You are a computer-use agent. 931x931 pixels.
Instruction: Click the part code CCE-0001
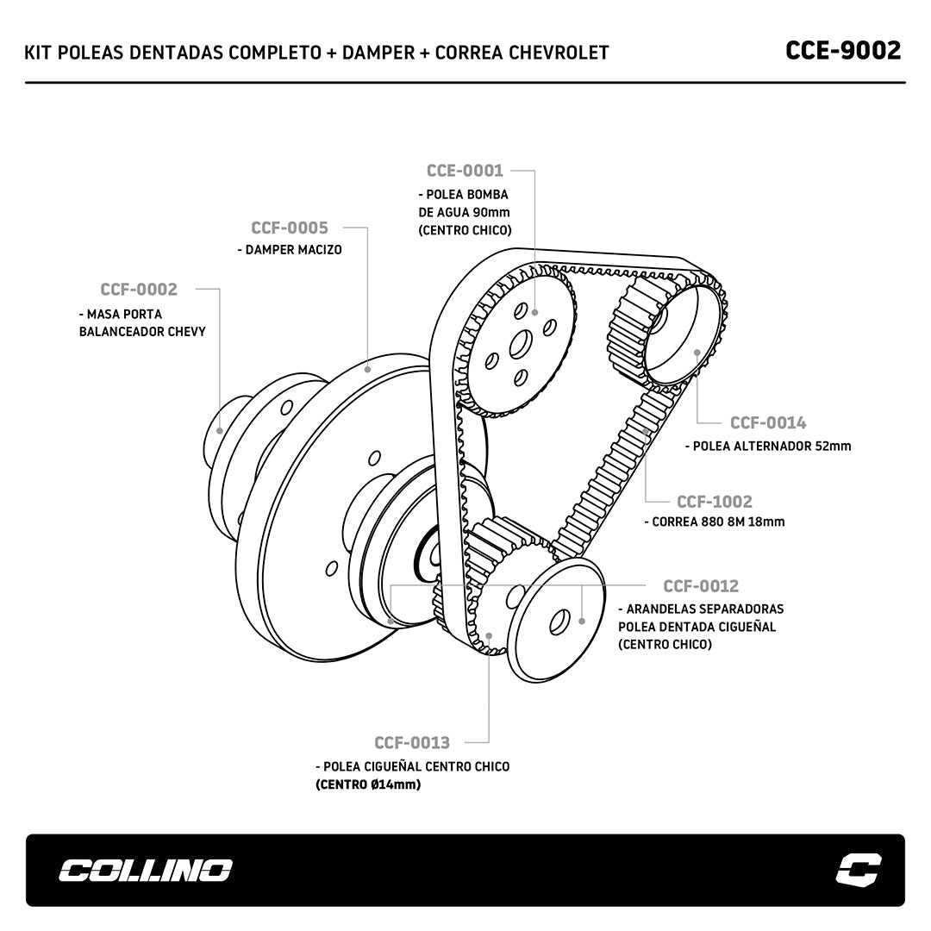click(x=465, y=171)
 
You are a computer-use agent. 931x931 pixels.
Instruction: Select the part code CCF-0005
click(x=290, y=228)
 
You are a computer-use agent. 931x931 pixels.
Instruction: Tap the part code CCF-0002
click(x=138, y=290)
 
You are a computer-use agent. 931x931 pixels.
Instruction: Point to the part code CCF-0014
click(x=768, y=422)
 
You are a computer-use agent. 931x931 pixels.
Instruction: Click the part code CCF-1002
click(x=714, y=502)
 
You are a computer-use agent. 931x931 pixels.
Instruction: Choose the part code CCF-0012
click(x=701, y=586)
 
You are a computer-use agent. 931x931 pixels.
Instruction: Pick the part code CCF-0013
click(x=412, y=743)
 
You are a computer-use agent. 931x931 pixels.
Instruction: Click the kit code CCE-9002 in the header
click(x=843, y=51)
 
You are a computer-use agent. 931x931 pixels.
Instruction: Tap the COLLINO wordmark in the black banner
click(x=145, y=870)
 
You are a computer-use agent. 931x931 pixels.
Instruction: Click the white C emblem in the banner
click(x=859, y=869)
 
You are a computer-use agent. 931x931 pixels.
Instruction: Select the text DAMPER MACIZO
click(x=293, y=250)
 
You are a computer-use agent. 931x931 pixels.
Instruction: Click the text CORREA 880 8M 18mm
click(x=718, y=522)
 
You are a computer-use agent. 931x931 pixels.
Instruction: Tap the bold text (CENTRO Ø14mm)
click(x=368, y=784)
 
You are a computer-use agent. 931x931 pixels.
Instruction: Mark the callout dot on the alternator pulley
click(x=697, y=352)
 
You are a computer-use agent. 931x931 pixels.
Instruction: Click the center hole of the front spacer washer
click(x=559, y=620)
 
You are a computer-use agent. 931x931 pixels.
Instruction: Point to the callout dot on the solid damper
click(x=369, y=368)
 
